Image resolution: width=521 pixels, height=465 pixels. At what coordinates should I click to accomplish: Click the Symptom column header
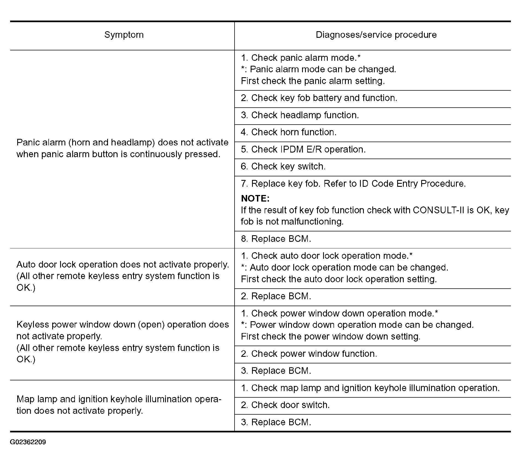(124, 35)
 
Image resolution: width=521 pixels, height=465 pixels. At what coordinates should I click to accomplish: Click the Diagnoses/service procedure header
(376, 35)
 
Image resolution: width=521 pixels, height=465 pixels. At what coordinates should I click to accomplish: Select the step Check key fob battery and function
(319, 98)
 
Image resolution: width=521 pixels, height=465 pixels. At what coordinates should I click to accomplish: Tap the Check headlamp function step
(300, 115)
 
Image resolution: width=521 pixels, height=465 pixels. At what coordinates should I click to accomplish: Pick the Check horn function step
(288, 132)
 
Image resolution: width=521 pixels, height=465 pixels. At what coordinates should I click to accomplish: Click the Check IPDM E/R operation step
(303, 150)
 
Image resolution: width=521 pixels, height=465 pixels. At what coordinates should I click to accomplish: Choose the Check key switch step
(283, 167)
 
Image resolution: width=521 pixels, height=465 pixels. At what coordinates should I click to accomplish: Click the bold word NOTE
(255, 199)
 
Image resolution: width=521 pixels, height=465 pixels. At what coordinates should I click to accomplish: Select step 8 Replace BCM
(276, 239)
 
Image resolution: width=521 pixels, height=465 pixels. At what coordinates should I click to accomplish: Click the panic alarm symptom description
(122, 148)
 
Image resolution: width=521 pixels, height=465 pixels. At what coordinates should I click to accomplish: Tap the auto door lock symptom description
(123, 276)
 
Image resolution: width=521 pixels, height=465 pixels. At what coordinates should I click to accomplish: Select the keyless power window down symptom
(123, 342)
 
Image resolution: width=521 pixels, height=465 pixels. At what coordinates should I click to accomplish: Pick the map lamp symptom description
(119, 405)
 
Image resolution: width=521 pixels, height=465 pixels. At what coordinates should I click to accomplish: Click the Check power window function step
(309, 354)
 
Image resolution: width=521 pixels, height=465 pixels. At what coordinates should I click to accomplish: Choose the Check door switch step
(285, 405)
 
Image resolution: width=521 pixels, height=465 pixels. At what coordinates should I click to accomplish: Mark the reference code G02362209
(28, 442)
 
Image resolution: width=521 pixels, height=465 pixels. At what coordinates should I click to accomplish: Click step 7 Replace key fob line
(353, 184)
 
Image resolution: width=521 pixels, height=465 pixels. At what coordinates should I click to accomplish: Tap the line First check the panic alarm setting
(313, 81)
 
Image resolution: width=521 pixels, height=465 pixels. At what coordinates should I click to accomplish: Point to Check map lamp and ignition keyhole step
(370, 388)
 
